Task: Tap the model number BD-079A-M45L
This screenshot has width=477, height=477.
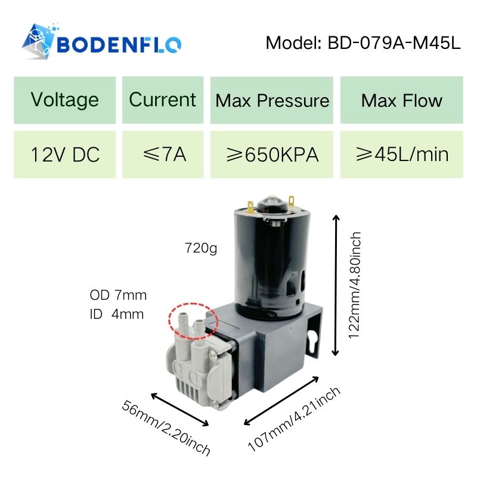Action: pyautogui.click(x=394, y=43)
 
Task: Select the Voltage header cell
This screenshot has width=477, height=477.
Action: pyautogui.click(x=65, y=100)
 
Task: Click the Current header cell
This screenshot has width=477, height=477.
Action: pyautogui.click(x=163, y=100)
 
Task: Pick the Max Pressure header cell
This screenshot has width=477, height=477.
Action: pyautogui.click(x=272, y=100)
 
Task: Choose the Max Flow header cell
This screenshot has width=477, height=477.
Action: pyautogui.click(x=401, y=100)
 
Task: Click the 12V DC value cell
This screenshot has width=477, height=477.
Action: pyautogui.click(x=65, y=154)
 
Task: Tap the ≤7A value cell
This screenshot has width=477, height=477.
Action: pyautogui.click(x=163, y=154)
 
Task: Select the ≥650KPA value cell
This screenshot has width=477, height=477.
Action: pyautogui.click(x=272, y=154)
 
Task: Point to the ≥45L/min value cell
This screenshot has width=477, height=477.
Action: pyautogui.click(x=401, y=154)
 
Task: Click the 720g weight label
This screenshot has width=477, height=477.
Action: pyautogui.click(x=201, y=248)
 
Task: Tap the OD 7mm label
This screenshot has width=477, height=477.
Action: pyautogui.click(x=118, y=295)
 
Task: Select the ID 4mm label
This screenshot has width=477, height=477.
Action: pyautogui.click(x=116, y=314)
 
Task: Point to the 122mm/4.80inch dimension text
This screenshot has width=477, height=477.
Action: pyautogui.click(x=355, y=286)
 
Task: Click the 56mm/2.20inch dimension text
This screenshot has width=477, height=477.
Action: pyautogui.click(x=166, y=429)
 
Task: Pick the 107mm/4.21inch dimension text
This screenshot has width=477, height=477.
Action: pyautogui.click(x=294, y=419)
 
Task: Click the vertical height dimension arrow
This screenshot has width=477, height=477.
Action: pyautogui.click(x=336, y=285)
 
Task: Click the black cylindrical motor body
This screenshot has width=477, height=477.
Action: pyautogui.click(x=272, y=262)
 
